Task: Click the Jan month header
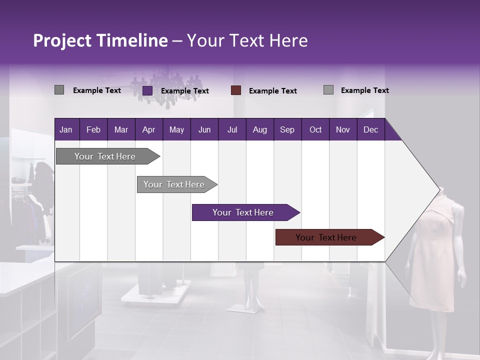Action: click(66, 129)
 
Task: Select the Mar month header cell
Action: click(121, 129)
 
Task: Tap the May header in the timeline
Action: click(176, 129)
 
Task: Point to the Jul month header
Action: click(232, 129)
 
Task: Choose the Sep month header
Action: click(287, 129)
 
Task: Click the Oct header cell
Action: click(315, 129)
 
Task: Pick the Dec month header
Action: click(370, 129)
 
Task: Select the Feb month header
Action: click(93, 129)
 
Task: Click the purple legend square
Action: click(147, 90)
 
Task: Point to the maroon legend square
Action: click(236, 90)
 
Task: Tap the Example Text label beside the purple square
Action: click(185, 91)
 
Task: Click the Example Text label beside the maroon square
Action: click(273, 91)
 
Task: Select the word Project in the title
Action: click(62, 40)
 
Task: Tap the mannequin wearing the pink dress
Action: click(435, 250)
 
